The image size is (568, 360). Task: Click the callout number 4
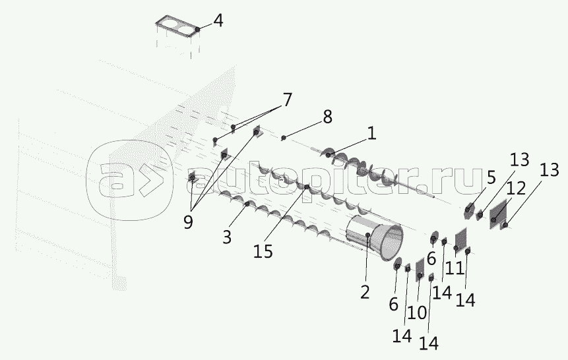pos(217,20)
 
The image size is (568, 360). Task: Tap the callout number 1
pos(371,134)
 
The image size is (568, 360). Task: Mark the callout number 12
pos(516,188)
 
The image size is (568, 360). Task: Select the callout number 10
pos(416,313)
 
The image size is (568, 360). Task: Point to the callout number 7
pos(286,100)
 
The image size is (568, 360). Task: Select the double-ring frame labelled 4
pos(177,29)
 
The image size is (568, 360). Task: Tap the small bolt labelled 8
pos(283,137)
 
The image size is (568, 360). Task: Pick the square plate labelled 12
pos(497,214)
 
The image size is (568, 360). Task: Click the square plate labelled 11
pos(460,241)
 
